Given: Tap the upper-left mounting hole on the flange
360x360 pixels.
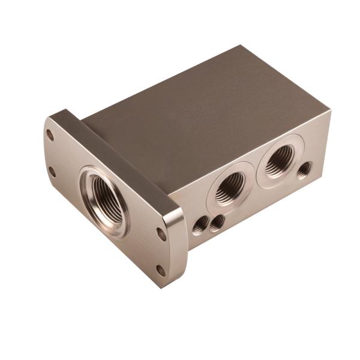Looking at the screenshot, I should pyautogui.click(x=50, y=136).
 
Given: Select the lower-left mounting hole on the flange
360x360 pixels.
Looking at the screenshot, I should pyautogui.click(x=52, y=172).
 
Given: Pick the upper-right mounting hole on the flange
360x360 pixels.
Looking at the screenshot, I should pyautogui.click(x=161, y=233).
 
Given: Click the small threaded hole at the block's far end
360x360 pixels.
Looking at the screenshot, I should pyautogui.click(x=305, y=169).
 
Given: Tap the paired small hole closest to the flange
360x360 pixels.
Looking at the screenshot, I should pyautogui.click(x=200, y=226).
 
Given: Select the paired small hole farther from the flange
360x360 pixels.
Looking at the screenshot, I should pyautogui.click(x=217, y=221).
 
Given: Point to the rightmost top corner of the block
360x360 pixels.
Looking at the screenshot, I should pyautogui.click(x=329, y=111).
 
